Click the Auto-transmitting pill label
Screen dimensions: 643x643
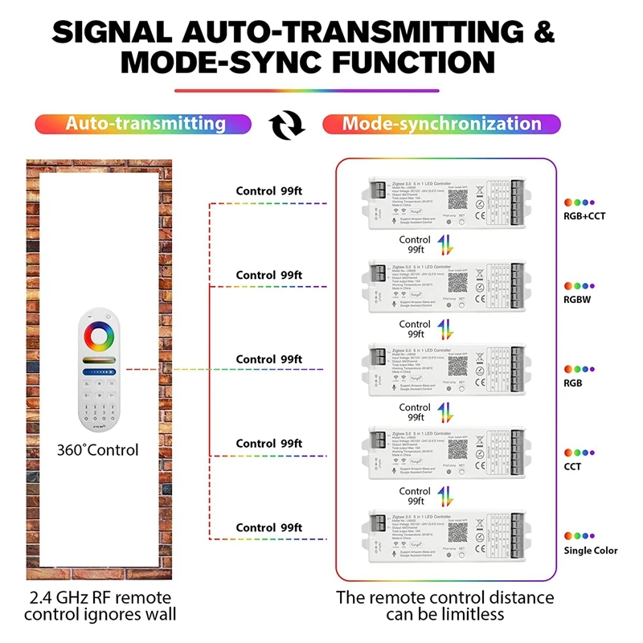tap(145, 124)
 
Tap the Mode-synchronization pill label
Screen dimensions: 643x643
tap(441, 124)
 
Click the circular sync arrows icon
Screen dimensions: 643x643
tap(287, 125)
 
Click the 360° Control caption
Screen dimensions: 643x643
tap(97, 450)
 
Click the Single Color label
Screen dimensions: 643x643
tap(591, 551)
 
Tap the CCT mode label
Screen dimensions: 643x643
tap(573, 466)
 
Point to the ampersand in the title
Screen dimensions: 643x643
tap(544, 32)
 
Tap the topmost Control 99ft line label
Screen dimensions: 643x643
tap(268, 191)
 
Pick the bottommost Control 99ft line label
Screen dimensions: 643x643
tap(268, 527)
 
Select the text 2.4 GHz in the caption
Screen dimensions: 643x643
tap(64, 598)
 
